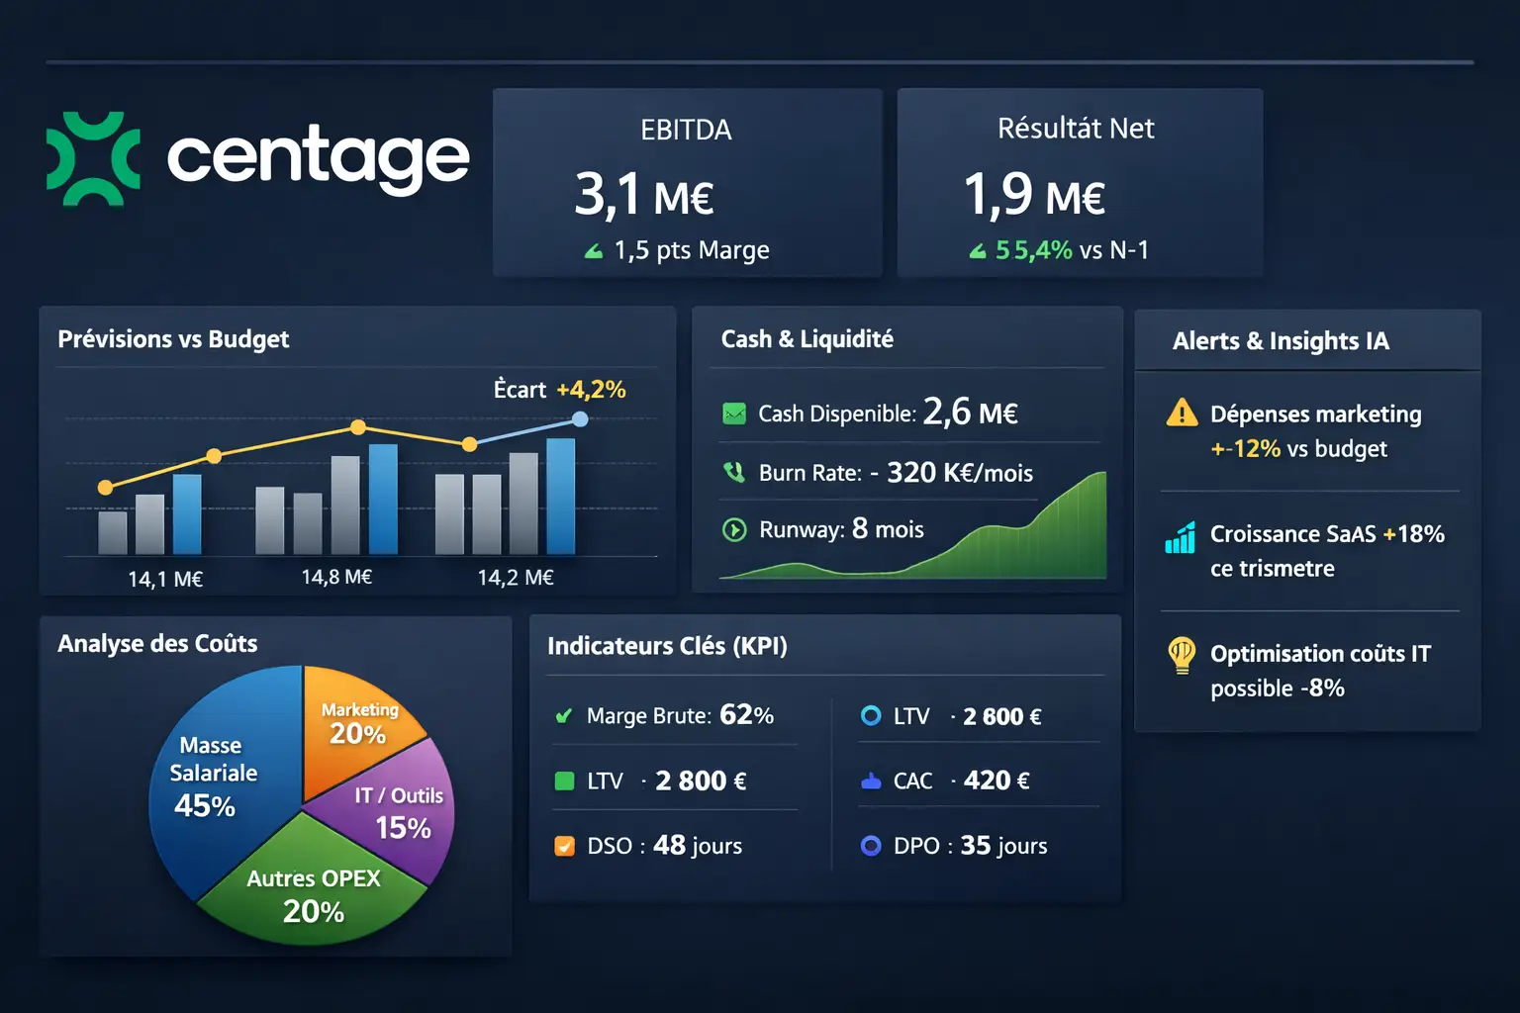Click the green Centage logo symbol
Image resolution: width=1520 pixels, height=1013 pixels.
(93, 158)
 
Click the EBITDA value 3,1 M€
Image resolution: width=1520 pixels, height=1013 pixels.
(644, 195)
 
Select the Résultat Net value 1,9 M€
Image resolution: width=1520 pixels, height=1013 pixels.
(1034, 195)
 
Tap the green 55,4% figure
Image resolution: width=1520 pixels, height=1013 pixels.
(1033, 250)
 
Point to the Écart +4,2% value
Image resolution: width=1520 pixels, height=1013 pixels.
(591, 390)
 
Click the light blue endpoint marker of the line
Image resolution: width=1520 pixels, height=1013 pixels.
(581, 419)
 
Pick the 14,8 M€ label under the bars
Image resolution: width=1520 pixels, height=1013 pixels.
(336, 577)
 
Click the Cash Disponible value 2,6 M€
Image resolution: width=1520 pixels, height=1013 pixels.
(970, 412)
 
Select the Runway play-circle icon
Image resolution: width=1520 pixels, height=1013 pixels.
(734, 530)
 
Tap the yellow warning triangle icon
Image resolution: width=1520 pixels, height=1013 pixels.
(1182, 413)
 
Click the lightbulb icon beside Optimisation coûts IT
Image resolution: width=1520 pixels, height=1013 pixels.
(1182, 654)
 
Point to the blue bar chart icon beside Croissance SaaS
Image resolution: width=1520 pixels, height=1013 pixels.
(1181, 537)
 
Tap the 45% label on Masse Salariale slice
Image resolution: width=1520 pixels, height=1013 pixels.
(205, 806)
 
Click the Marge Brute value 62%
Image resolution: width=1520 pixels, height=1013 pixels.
(746, 715)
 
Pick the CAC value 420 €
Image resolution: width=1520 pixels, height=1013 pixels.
(997, 781)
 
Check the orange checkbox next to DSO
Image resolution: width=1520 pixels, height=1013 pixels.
(565, 846)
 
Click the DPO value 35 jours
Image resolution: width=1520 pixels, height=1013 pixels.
(1003, 846)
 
